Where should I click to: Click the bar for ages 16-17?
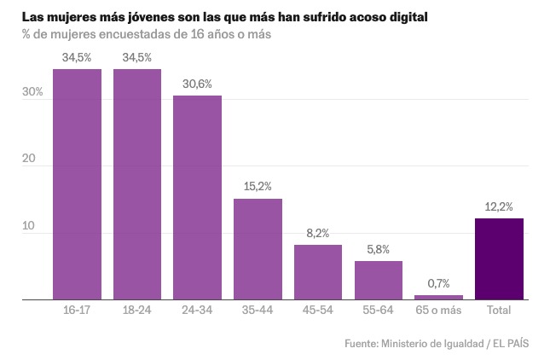77,184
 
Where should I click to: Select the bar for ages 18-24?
137,184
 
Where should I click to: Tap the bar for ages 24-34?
198,198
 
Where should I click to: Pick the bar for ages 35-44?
258,249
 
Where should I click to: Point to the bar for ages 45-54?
318,272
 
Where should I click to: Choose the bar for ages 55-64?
379,281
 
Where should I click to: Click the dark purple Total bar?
499,259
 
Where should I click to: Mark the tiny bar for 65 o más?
439,297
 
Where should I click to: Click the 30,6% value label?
198,84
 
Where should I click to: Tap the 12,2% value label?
499,206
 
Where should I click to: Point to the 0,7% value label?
439,283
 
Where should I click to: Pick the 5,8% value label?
379,249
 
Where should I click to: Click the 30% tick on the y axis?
32,92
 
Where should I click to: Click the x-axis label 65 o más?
439,311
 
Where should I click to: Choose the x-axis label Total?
499,311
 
